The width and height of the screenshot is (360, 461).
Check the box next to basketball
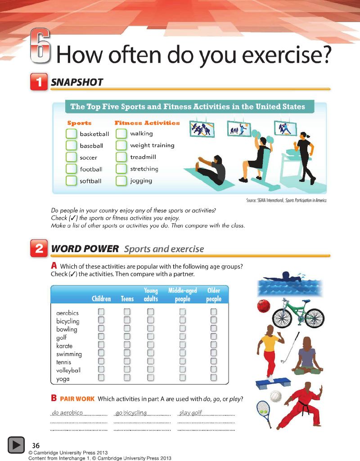coord(71,134)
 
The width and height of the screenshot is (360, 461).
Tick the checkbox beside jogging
coord(121,181)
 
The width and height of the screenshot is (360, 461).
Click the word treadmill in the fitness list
coord(143,157)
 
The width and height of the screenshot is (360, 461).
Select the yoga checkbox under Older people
coord(214,377)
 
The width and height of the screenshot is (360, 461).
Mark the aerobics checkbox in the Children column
coord(101,312)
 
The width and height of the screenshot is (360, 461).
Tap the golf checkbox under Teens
coord(127,336)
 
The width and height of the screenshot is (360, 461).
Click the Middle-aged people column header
coord(183,294)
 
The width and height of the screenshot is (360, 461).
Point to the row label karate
coord(64,346)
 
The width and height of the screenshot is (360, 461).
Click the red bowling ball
coord(264,306)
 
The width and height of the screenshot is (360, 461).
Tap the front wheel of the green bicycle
coord(315,318)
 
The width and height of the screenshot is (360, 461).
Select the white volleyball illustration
coord(276,396)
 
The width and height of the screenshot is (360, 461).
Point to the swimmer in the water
coord(284,277)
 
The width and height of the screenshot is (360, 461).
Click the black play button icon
coord(16,445)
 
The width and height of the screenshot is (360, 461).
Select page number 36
coord(36,445)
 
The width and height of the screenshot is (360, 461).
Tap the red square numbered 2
coord(39,249)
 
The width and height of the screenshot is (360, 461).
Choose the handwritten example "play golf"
coord(191,412)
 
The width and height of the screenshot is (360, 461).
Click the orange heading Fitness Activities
coord(147,123)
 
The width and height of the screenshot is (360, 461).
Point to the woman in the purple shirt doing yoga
coord(307,356)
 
